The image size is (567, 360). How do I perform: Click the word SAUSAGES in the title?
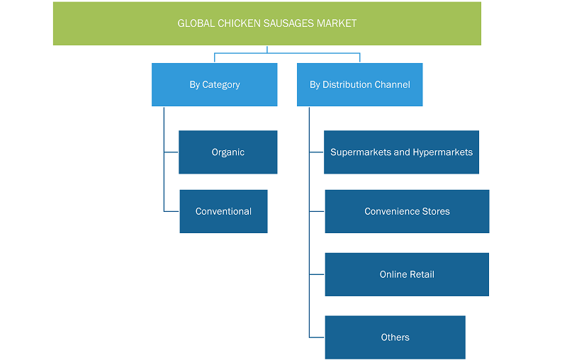288,23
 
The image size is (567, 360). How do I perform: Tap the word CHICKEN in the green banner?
239,23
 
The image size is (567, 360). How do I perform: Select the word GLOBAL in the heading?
196,23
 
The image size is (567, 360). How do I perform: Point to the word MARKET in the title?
337,23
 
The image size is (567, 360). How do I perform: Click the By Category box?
215,84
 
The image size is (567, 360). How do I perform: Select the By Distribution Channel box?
360,84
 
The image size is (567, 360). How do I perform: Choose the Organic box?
228,152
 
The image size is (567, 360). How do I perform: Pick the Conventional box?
223,211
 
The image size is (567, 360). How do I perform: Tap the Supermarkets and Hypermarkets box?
401,152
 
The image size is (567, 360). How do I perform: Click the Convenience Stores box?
407,211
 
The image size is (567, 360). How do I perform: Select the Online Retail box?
407,274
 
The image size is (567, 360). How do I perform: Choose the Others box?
395,337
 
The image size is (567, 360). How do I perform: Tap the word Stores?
436,211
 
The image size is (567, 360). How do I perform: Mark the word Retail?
422,274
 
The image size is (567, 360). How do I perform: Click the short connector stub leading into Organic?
172,152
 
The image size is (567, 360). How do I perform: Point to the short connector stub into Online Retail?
317,274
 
